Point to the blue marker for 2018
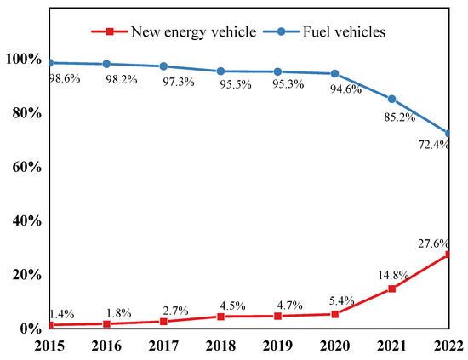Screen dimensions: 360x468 point(220,71)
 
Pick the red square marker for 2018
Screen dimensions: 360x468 point(220,317)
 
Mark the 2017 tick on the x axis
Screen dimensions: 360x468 point(163,346)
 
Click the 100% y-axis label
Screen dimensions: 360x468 point(19,60)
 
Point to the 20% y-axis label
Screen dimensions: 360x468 point(21,275)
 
